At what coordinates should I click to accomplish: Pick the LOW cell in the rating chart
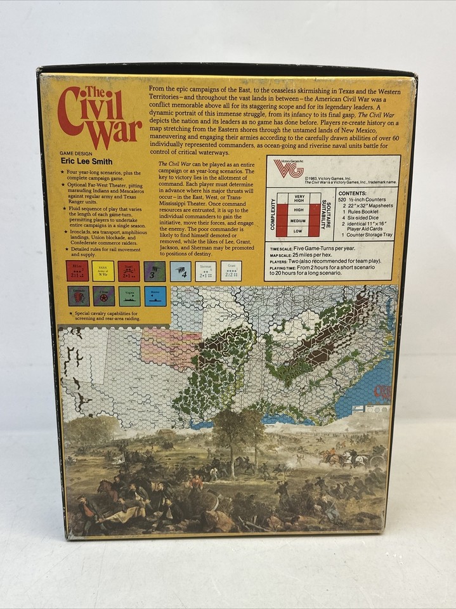[x=297, y=232]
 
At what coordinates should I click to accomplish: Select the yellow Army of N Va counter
[x=103, y=271]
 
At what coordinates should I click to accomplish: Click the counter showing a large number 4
[x=180, y=271]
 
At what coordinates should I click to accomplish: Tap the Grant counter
[x=231, y=271]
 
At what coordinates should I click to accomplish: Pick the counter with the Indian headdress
[x=79, y=296]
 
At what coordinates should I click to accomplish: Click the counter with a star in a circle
[x=103, y=296]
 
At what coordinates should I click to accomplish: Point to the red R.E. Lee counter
[x=77, y=271]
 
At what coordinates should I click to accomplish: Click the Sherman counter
[x=205, y=271]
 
